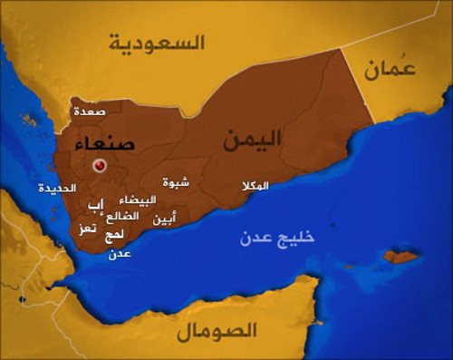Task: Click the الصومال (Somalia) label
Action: coord(217,329)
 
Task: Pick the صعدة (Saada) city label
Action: coord(90,112)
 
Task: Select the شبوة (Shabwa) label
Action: coord(176,182)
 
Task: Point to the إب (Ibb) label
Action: coord(96,205)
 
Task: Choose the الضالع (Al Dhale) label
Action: coord(122,217)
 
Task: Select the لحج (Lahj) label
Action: coord(115,235)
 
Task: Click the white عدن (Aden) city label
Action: coord(120,254)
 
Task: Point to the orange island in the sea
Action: coord(400,257)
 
